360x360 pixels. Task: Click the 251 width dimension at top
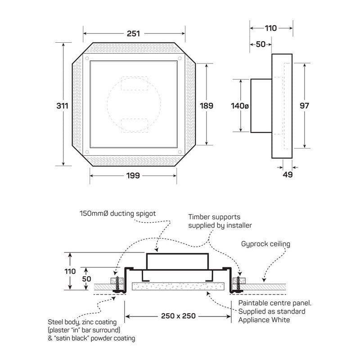pyautogui.click(x=134, y=33)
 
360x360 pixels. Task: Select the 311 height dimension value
pyautogui.click(x=63, y=106)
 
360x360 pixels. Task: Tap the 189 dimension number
pyautogui.click(x=207, y=106)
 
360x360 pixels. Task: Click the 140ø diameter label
pyautogui.click(x=239, y=106)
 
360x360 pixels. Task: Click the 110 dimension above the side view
pyautogui.click(x=270, y=28)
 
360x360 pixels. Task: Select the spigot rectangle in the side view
pyautogui.click(x=261, y=106)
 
